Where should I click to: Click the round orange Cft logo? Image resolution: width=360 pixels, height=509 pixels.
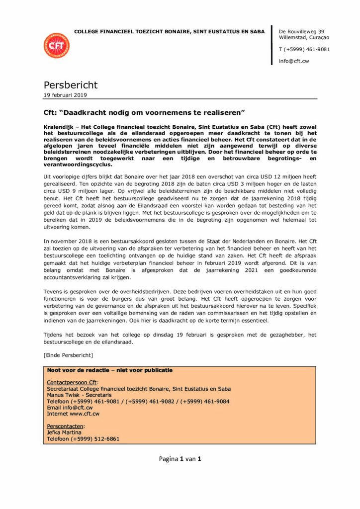(x=57, y=45)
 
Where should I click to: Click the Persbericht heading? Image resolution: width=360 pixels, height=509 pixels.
(x=71, y=85)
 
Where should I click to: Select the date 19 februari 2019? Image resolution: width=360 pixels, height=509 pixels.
(x=65, y=94)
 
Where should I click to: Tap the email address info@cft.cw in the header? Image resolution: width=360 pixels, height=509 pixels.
(x=294, y=61)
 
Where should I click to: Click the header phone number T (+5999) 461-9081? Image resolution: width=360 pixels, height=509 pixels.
(x=304, y=49)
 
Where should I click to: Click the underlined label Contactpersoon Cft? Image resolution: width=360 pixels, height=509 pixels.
(x=72, y=382)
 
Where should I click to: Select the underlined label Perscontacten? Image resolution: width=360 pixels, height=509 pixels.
(x=66, y=426)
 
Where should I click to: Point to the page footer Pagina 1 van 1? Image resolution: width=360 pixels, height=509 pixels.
(x=180, y=459)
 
